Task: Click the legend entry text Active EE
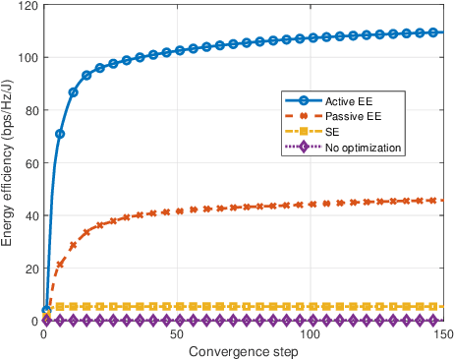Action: tap(341, 100)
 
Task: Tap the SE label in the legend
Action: tap(330, 132)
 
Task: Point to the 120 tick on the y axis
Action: tap(27, 6)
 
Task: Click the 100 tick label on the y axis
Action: tap(27, 58)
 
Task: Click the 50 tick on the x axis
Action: tap(176, 334)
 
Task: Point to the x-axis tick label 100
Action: tap(310, 334)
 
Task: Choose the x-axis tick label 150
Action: tap(441, 334)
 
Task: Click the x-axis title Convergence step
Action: tap(243, 351)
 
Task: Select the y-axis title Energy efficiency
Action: tap(9, 163)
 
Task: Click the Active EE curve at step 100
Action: tap(310, 38)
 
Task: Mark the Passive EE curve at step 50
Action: tap(177, 210)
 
